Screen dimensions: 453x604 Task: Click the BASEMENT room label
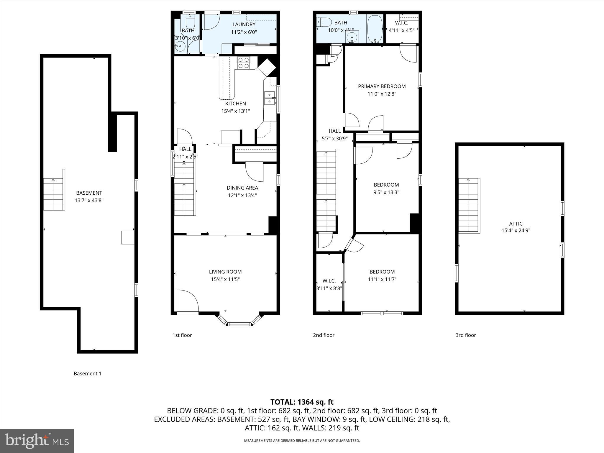pyautogui.click(x=89, y=193)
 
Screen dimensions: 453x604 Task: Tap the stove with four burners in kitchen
pyautogui.click(x=244, y=63)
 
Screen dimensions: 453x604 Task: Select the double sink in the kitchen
pyautogui.click(x=270, y=98)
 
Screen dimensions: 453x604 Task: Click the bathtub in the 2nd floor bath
pyautogui.click(x=375, y=29)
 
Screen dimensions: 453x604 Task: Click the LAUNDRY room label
pyautogui.click(x=244, y=24)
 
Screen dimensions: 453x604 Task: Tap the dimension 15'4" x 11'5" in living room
pyautogui.click(x=225, y=279)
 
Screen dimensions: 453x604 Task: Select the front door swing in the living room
pyautogui.click(x=187, y=301)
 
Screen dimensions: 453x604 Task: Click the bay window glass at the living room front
pyautogui.click(x=239, y=324)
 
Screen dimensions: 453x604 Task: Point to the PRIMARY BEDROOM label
pyautogui.click(x=382, y=86)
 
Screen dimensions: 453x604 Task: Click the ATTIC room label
pyautogui.click(x=516, y=224)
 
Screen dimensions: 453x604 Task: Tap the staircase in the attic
pyautogui.click(x=468, y=205)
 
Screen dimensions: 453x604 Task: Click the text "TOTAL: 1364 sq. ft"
pyautogui.click(x=302, y=402)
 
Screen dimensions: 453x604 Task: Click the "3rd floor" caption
pyautogui.click(x=466, y=335)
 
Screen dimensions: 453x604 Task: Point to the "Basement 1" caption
pyautogui.click(x=87, y=373)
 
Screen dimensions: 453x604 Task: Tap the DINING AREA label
pyautogui.click(x=242, y=188)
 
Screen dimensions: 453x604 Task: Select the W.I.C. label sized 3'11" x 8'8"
pyautogui.click(x=329, y=281)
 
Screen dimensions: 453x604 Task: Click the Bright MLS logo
pyautogui.click(x=37, y=441)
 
